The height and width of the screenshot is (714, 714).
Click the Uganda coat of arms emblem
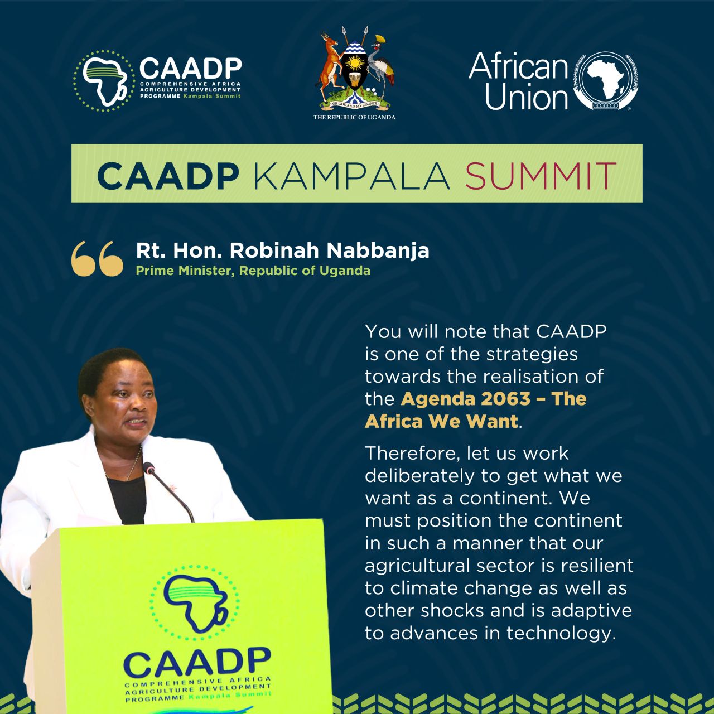[x=355, y=69]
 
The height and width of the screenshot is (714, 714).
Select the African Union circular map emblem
[x=605, y=80]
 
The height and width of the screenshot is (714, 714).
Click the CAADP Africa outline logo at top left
[x=104, y=81]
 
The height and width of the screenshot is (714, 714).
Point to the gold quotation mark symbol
[x=97, y=258]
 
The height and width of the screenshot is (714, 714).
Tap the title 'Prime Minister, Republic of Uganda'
[x=253, y=271]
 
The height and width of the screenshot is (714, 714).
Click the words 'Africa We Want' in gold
[x=441, y=421]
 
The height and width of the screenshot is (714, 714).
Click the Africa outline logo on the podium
[x=194, y=603]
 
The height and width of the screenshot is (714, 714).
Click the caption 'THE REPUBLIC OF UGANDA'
[x=355, y=118]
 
